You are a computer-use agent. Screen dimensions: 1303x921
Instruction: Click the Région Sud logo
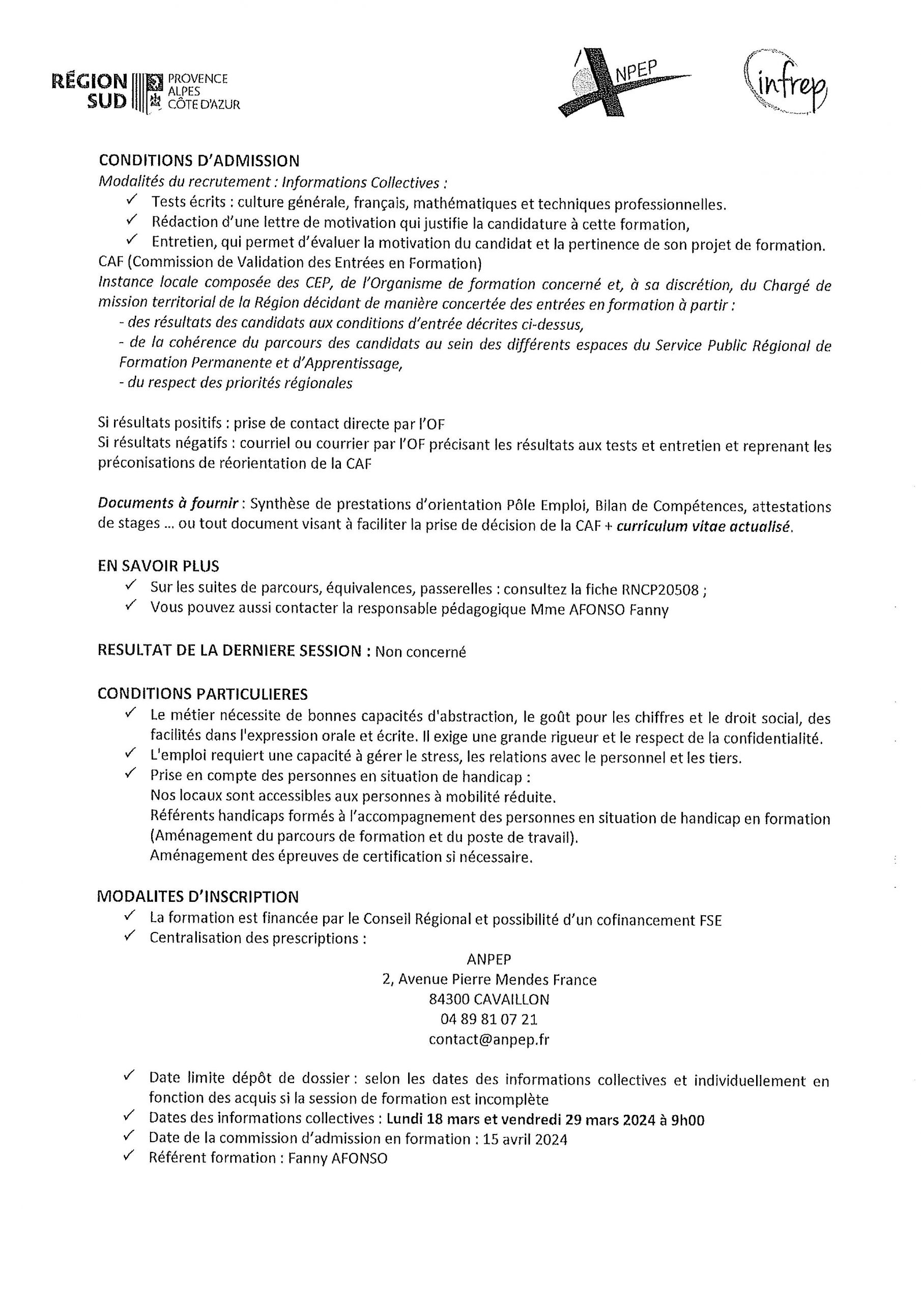pos(145,91)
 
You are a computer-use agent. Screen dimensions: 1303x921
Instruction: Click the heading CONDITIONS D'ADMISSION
pos(198,161)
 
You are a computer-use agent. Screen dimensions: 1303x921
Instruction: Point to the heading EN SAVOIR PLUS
pos(158,566)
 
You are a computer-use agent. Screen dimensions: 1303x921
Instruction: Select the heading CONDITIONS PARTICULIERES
pos(203,694)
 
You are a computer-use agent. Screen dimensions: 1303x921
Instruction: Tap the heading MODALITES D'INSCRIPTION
pos(197,897)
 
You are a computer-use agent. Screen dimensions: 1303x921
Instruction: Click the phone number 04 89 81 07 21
pos(488,1019)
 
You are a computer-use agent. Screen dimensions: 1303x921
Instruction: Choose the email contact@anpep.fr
pos(488,1039)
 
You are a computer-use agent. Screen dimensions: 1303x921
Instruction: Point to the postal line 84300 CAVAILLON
pos(488,999)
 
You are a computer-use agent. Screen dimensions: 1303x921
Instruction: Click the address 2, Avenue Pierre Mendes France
pos(489,979)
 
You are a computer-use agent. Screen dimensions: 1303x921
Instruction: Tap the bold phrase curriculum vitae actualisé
pos(704,526)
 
